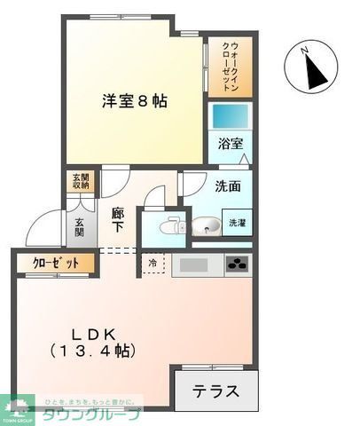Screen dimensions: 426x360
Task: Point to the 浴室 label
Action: coord(231,144)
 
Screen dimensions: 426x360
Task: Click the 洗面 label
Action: coord(228,186)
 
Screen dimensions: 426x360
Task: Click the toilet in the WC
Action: coord(166,226)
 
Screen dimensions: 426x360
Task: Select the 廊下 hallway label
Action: coord(118,219)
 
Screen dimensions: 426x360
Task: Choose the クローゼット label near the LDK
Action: coord(55,263)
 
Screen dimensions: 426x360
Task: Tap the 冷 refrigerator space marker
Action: coord(152,264)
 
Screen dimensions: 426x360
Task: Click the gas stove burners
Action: coord(237,264)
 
